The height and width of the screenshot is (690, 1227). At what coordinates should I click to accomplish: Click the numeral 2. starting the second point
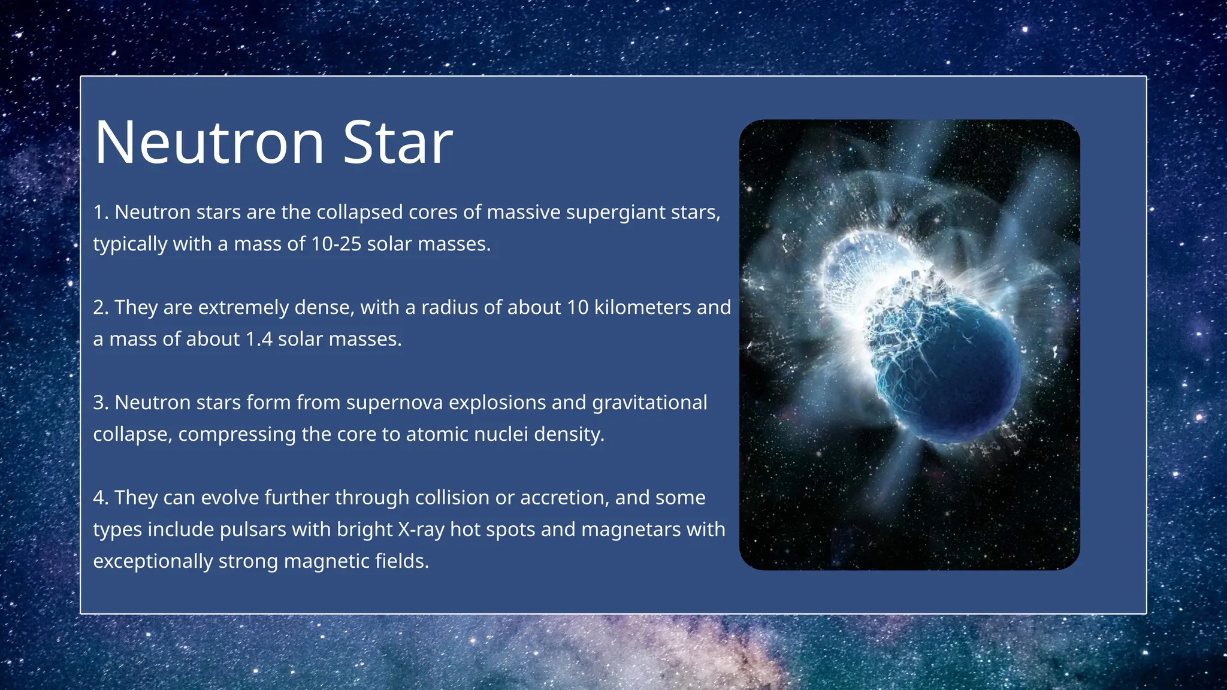tap(101, 307)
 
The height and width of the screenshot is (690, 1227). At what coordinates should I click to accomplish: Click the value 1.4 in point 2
tap(259, 339)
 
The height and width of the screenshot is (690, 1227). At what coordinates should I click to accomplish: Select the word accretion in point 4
tap(564, 498)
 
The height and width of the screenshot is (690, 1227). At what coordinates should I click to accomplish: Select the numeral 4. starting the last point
tap(101, 498)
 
